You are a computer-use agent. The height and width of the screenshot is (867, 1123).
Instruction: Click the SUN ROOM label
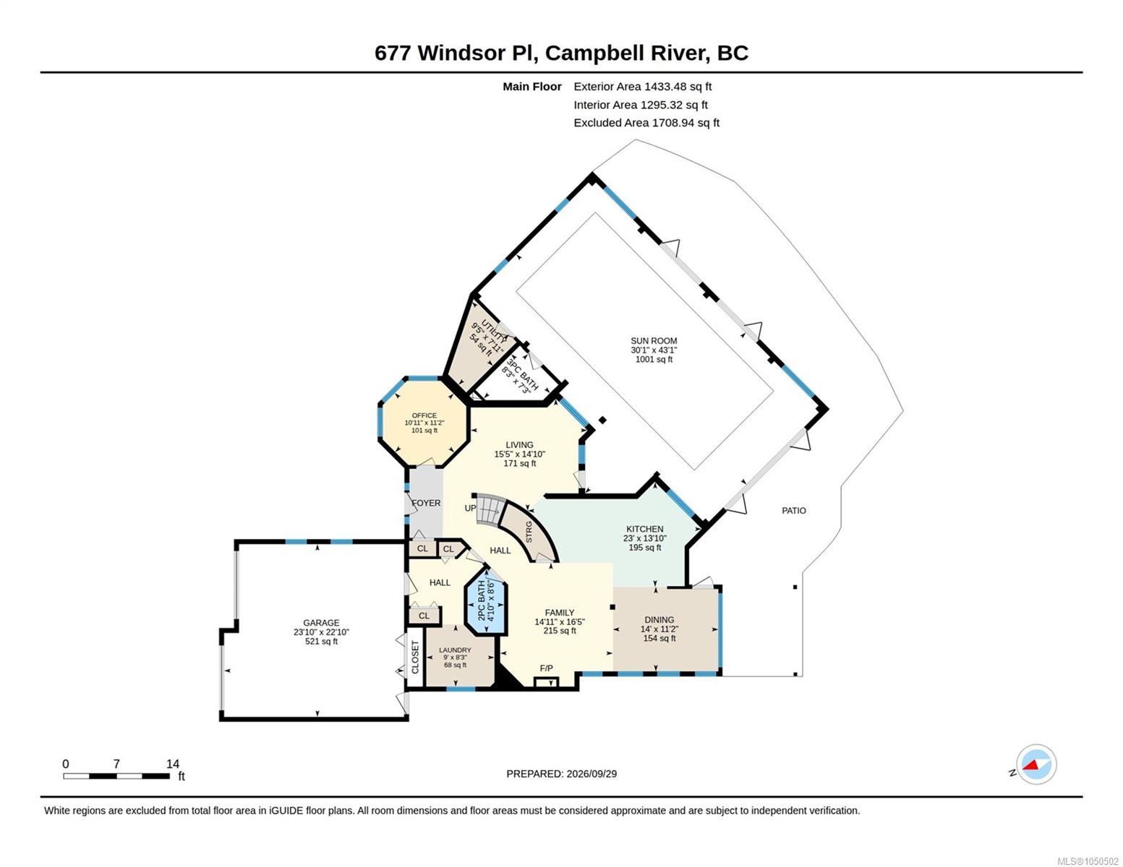click(x=653, y=341)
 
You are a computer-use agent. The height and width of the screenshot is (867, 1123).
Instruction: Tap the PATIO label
click(x=793, y=511)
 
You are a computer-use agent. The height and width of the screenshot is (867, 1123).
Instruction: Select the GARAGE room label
click(x=321, y=623)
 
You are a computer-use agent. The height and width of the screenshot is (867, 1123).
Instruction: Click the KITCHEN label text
click(x=644, y=529)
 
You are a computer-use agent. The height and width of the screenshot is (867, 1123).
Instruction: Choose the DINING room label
click(x=659, y=620)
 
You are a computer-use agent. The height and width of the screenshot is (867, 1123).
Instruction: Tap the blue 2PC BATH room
click(x=486, y=601)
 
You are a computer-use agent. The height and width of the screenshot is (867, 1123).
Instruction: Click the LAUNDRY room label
click(x=455, y=650)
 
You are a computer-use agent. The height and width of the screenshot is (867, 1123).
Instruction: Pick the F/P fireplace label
click(x=546, y=668)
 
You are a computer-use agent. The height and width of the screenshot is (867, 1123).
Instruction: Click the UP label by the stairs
click(x=470, y=508)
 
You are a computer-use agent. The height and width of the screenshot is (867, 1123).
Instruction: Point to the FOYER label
click(x=426, y=503)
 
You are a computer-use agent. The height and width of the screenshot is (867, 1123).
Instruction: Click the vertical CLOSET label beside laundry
click(x=415, y=657)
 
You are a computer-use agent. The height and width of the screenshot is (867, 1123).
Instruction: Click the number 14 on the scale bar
click(x=173, y=764)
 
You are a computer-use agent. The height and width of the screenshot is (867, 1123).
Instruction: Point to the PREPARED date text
click(x=561, y=774)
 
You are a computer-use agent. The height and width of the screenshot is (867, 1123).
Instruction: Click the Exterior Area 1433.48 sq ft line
click(x=642, y=87)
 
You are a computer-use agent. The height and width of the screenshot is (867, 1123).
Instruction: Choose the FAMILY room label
click(x=559, y=613)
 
